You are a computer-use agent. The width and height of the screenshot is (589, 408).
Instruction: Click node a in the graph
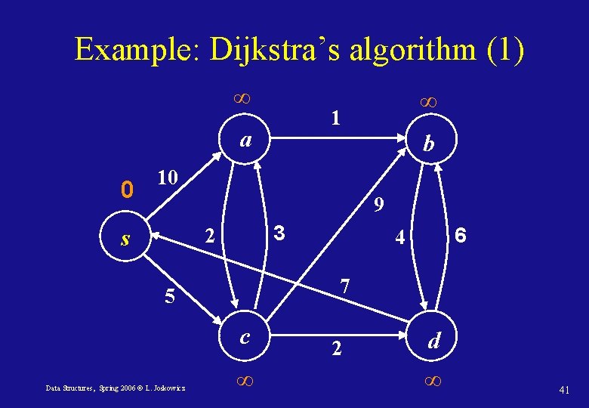click(x=244, y=141)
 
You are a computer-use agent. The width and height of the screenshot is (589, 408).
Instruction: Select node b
click(x=428, y=144)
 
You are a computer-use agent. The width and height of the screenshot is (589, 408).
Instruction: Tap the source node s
click(x=126, y=240)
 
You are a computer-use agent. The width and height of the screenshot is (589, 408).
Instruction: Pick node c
click(x=244, y=337)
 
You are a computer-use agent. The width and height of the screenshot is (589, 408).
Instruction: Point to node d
click(x=433, y=342)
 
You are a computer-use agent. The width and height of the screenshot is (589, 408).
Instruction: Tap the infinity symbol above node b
click(x=428, y=100)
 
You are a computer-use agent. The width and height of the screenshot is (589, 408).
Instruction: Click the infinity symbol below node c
click(x=243, y=382)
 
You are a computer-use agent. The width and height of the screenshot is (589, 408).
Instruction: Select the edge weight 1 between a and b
click(x=335, y=118)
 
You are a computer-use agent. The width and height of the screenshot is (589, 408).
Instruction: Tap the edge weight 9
click(x=379, y=205)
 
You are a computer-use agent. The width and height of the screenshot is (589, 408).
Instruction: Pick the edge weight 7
click(x=345, y=286)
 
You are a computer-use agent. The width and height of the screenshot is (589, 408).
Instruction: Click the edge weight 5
click(x=171, y=297)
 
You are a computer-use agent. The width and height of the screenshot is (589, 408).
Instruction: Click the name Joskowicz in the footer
click(x=172, y=388)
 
